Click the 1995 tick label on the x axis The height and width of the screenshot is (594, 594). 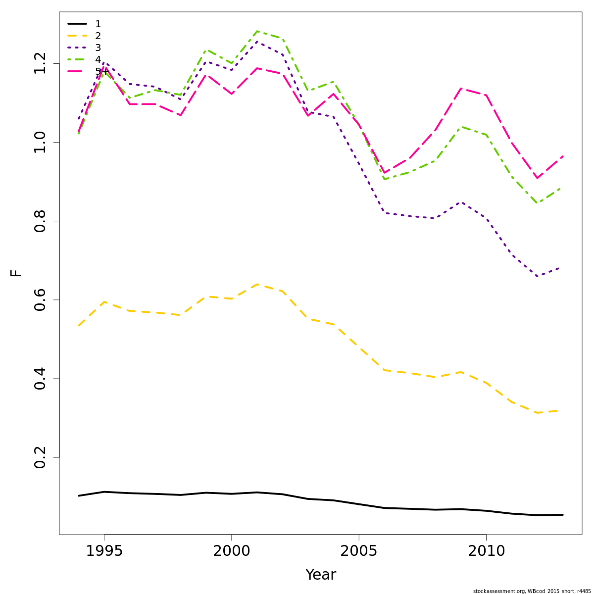click(104, 551)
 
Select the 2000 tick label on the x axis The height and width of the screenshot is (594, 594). click(231, 551)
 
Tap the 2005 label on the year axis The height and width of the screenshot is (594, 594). click(359, 551)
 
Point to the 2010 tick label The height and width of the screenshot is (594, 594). click(486, 551)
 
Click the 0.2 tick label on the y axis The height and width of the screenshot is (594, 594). click(40, 457)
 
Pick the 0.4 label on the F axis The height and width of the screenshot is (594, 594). click(40, 379)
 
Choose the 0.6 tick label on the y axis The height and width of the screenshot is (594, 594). click(40, 300)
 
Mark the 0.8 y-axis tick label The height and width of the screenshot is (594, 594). click(40, 221)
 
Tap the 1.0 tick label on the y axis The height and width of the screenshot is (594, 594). click(40, 143)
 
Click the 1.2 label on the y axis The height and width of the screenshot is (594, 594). click(40, 63)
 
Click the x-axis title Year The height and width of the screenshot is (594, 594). click(320, 575)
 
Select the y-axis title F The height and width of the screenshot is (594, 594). click(16, 273)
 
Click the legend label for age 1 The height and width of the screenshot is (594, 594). click(98, 24)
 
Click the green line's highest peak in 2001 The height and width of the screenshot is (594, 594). click(257, 31)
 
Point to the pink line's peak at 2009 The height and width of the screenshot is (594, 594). click(461, 89)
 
